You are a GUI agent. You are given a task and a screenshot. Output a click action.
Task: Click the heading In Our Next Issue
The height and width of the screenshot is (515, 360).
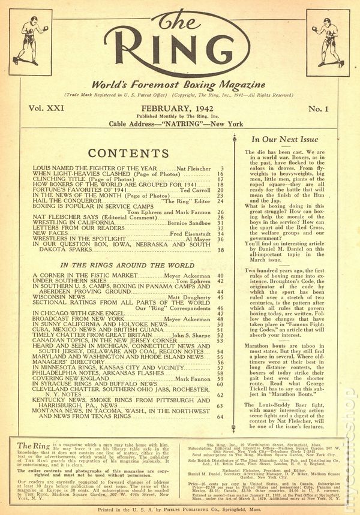(281, 139)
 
